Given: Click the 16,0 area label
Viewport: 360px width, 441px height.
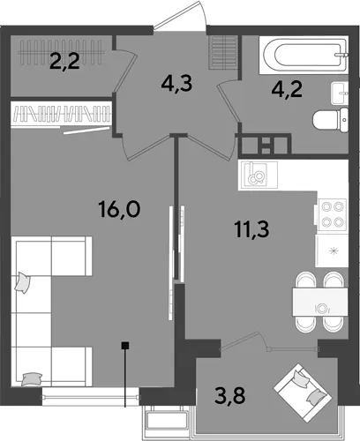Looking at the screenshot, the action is [120, 209].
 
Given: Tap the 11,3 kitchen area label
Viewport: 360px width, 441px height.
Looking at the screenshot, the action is [252, 229].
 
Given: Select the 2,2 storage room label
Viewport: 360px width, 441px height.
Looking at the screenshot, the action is [64, 62].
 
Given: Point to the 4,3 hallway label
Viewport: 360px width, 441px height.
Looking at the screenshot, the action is [176, 84].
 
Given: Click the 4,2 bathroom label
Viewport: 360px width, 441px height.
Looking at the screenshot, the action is [287, 90].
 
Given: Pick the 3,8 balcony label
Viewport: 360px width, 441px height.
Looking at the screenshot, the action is [230, 395].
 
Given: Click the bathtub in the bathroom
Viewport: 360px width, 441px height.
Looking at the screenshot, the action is [304, 55].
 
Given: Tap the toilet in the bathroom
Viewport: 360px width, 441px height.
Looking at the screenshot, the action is [331, 120].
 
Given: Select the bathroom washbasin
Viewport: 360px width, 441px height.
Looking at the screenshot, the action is [340, 93].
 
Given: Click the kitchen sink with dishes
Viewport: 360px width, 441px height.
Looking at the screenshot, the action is [258, 176].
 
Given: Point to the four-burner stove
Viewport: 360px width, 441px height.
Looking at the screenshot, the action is [333, 214].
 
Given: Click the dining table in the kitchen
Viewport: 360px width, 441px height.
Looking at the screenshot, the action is [320, 303].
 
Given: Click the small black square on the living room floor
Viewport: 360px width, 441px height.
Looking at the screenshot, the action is [125, 346].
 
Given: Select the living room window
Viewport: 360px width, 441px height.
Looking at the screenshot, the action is [91, 397].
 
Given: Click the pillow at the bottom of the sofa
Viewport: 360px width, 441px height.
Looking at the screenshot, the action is [32, 378].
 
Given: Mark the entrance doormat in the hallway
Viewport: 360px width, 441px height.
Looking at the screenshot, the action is [223, 53].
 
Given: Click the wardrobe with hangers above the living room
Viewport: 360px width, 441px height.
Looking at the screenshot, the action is [61, 114].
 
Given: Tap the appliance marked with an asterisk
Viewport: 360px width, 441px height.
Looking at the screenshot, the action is [332, 250].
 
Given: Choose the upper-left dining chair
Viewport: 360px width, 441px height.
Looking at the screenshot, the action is [306, 280].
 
